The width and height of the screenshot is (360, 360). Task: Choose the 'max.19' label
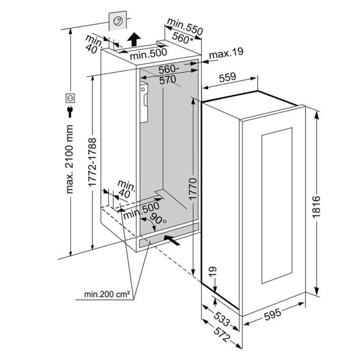click(226, 54)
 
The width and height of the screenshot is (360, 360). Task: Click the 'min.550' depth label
click(184, 26)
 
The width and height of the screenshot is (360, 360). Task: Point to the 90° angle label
click(157, 219)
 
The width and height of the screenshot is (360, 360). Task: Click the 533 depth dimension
click(213, 320)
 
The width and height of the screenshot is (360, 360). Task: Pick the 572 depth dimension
click(215, 336)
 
